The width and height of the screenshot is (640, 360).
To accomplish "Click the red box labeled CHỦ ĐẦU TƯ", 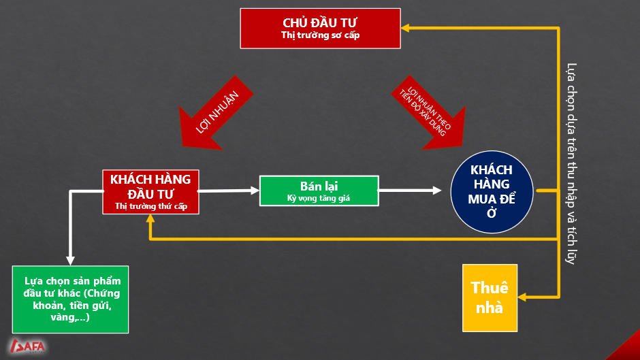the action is pyautogui.click(x=321, y=29).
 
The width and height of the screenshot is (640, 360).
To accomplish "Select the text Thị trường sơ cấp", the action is pyautogui.click(x=321, y=35).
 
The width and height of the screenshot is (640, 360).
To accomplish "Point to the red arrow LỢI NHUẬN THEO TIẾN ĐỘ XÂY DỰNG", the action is pyautogui.click(x=429, y=113).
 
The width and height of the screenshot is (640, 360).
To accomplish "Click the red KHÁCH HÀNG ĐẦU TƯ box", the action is pyautogui.click(x=150, y=192).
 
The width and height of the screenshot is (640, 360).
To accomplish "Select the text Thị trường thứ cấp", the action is pyautogui.click(x=151, y=206).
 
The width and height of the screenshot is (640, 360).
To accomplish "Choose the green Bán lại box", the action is pyautogui.click(x=319, y=191).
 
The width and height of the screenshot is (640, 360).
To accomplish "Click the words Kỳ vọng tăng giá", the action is pyautogui.click(x=319, y=198).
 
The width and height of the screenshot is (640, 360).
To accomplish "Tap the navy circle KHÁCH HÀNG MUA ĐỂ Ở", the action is pyautogui.click(x=492, y=192).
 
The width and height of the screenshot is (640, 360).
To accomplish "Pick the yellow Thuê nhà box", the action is pyautogui.click(x=490, y=298).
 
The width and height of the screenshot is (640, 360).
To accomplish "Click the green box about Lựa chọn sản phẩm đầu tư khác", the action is pyautogui.click(x=70, y=299).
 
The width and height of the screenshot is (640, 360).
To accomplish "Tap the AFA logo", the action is pyautogui.click(x=28, y=346).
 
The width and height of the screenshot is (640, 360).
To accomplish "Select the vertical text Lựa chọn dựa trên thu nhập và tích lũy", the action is pyautogui.click(x=571, y=164).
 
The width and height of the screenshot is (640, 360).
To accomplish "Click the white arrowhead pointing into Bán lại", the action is pyautogui.click(x=255, y=190).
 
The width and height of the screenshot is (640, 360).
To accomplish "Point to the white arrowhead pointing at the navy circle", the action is pyautogui.click(x=437, y=190).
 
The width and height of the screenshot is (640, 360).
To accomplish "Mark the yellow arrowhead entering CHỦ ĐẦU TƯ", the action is pyautogui.click(x=405, y=28).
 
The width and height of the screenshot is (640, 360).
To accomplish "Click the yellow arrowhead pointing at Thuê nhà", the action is pyautogui.click(x=522, y=297).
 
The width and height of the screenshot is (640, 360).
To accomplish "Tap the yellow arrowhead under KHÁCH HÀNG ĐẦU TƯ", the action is pyautogui.click(x=150, y=218).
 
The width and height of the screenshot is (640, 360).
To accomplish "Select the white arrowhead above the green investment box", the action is pyautogui.click(x=70, y=261).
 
